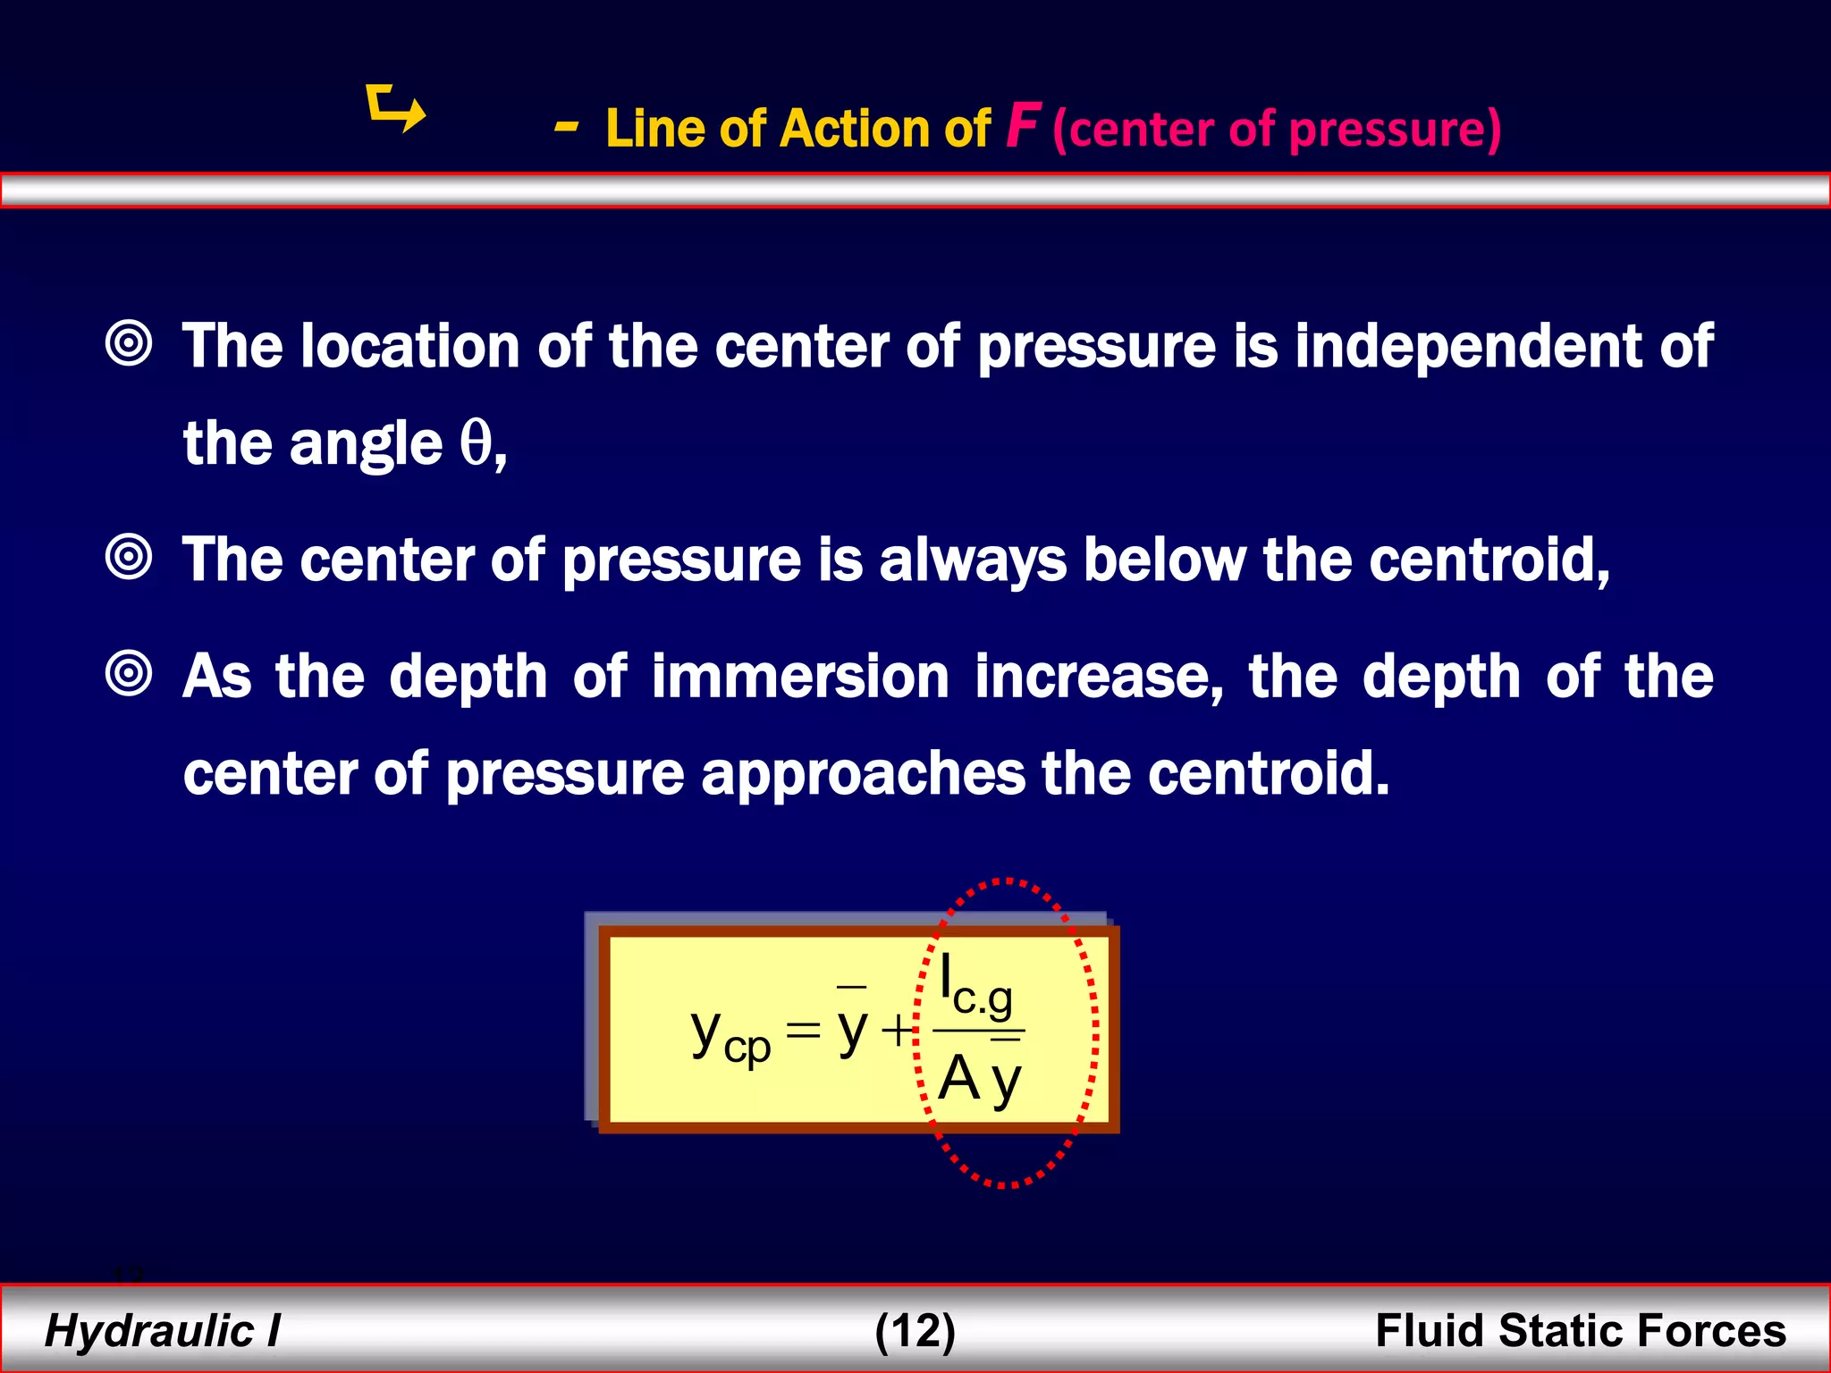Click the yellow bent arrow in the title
[396, 109]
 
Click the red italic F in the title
[1021, 126]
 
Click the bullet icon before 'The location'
[130, 343]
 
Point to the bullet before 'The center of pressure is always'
[130, 558]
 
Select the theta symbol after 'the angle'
[477, 442]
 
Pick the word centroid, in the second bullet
[1489, 560]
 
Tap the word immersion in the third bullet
[800, 677]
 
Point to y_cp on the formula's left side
[729, 1038]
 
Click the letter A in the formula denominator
[958, 1078]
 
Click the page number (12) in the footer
[915, 1330]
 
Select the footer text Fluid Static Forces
[1580, 1330]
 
